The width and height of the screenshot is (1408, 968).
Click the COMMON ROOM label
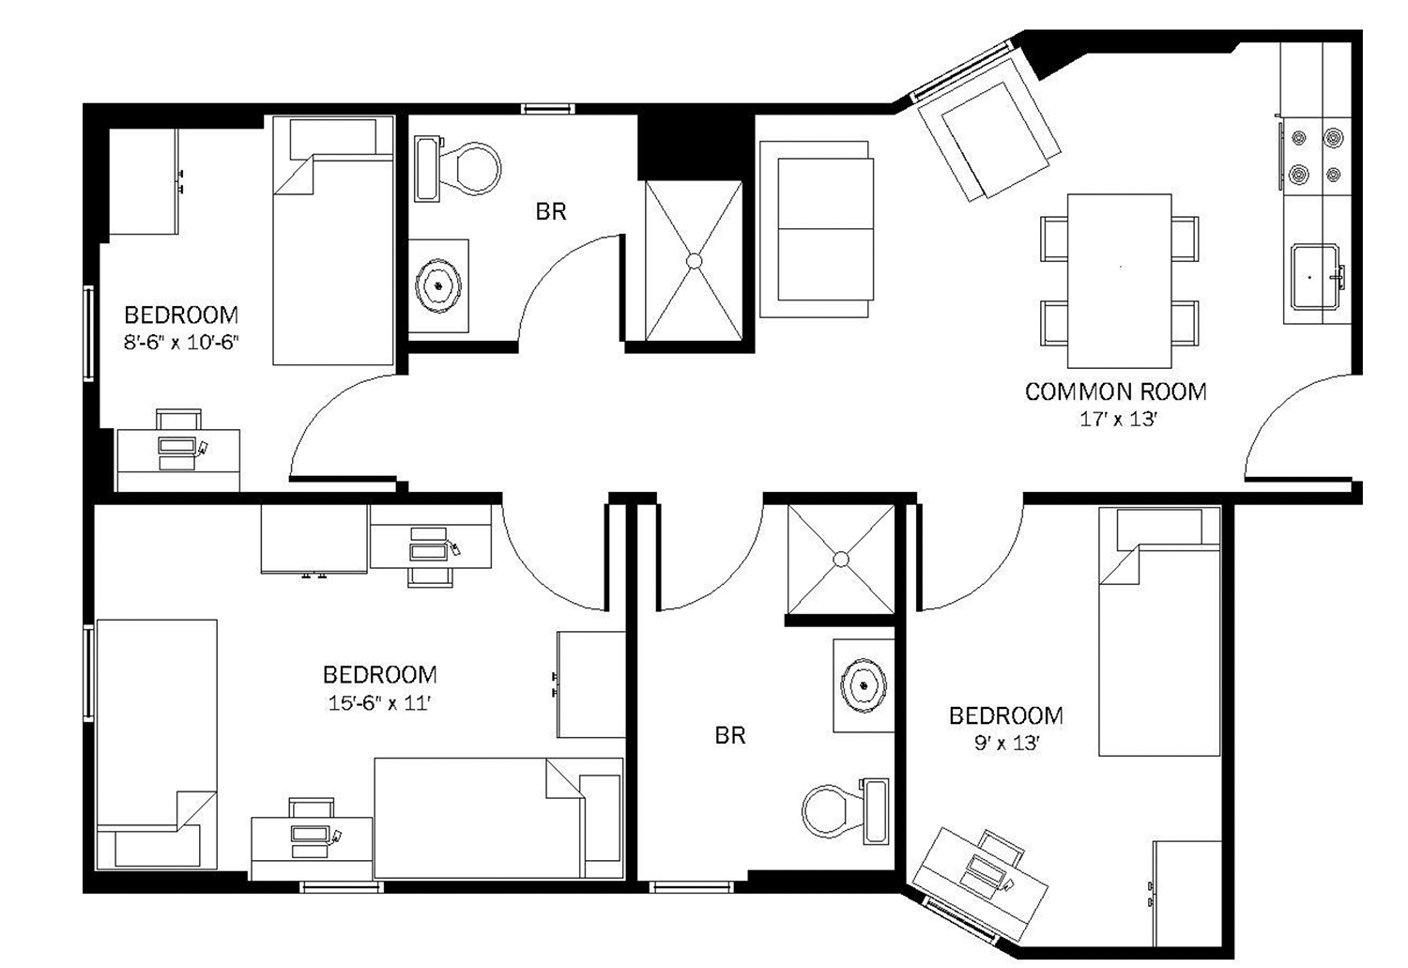click(x=1115, y=392)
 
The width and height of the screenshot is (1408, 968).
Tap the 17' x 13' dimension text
click(x=1117, y=420)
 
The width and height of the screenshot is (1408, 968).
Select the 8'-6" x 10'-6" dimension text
click(x=181, y=343)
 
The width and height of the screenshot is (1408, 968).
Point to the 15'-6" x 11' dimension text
click(x=379, y=702)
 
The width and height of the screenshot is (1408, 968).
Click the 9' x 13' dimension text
click(x=1005, y=744)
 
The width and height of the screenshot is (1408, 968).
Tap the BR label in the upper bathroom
click(x=551, y=212)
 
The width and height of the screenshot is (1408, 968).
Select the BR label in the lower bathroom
click(x=729, y=735)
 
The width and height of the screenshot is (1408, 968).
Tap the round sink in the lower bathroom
click(x=862, y=684)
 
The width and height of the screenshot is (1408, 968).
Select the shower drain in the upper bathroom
click(x=695, y=260)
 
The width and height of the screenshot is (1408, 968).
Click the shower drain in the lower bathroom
click(x=841, y=560)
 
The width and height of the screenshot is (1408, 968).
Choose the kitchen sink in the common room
click(x=1314, y=277)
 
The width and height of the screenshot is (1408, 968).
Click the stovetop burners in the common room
click(x=1316, y=156)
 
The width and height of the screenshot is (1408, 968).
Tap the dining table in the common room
click(x=1119, y=281)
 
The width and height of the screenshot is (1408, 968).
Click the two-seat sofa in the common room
click(x=815, y=229)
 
